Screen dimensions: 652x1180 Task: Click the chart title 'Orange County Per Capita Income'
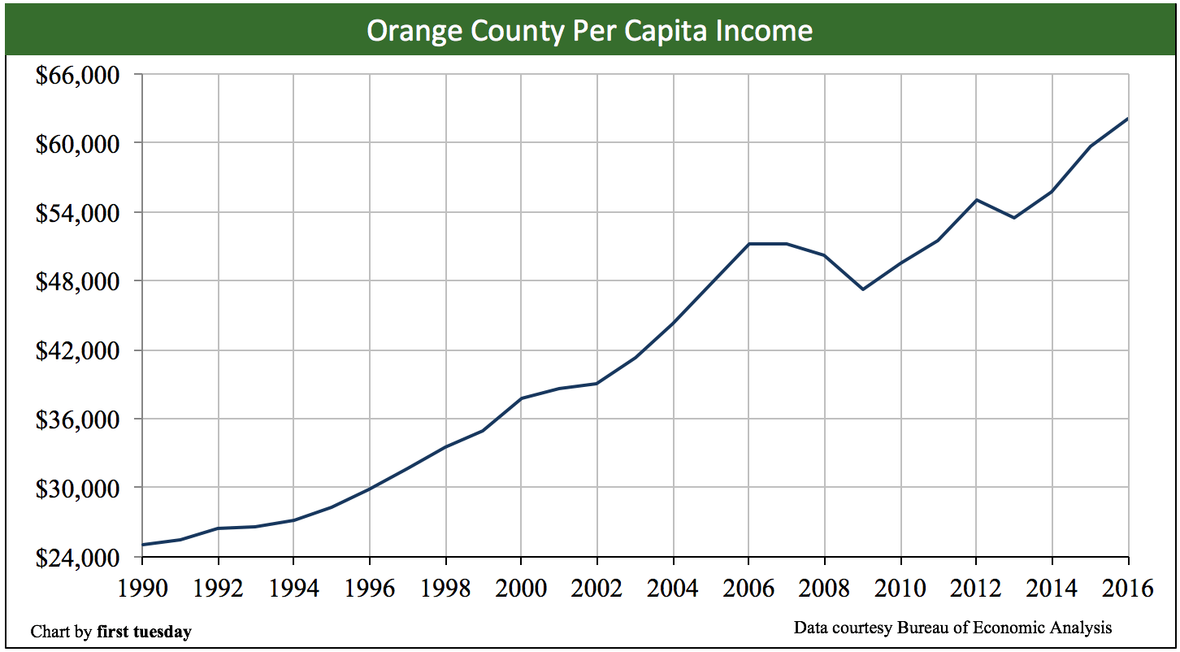(x=589, y=31)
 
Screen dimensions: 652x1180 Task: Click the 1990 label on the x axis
(x=142, y=587)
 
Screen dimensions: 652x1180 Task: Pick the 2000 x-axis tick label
(x=521, y=587)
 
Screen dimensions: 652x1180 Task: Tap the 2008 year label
(x=824, y=587)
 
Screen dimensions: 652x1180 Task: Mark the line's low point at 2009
(x=862, y=289)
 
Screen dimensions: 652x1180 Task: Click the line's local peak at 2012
(x=976, y=199)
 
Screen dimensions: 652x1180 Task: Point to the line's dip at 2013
(x=1014, y=218)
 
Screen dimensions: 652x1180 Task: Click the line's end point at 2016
(x=1127, y=119)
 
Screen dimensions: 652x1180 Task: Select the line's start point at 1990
(x=143, y=545)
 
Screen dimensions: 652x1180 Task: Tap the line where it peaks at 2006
(x=748, y=244)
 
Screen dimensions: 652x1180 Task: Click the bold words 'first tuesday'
(x=144, y=632)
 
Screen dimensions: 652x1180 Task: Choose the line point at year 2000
(x=521, y=398)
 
